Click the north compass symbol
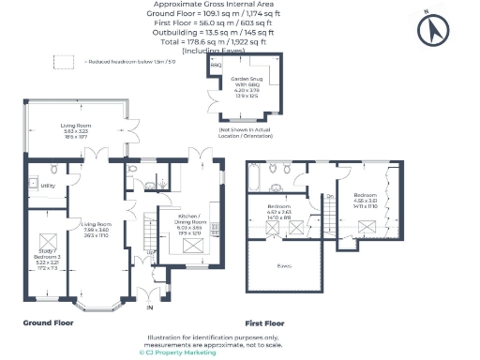click(435, 30)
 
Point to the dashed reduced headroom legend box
click(64, 62)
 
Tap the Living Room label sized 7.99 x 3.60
click(97, 230)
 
